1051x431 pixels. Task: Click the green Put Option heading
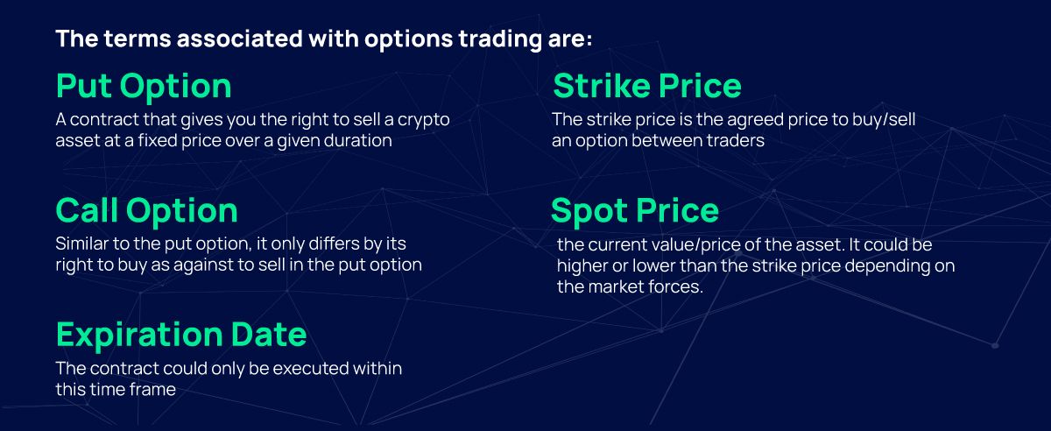tap(144, 87)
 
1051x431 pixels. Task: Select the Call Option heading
tap(146, 211)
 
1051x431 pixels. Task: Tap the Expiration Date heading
tap(181, 335)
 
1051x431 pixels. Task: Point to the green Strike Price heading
tap(647, 87)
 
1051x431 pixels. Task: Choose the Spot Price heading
tap(635, 211)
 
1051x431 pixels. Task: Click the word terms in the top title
tap(122, 39)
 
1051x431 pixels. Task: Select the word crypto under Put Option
tap(424, 120)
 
